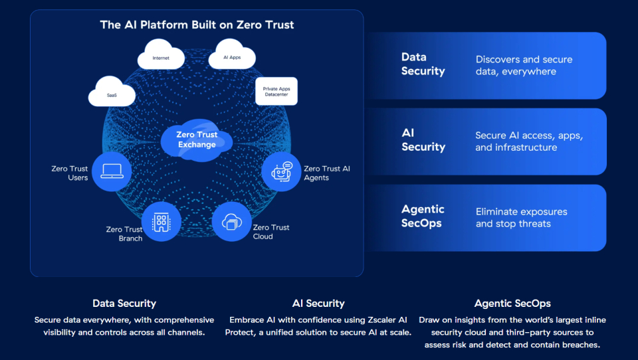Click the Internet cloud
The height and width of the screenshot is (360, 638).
161,55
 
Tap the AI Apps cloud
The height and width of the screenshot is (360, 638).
232,54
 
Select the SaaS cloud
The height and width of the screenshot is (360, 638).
112,92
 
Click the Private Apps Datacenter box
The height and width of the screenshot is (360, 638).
276,92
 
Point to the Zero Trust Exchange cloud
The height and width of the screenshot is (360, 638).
197,140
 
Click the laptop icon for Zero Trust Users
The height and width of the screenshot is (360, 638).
112,171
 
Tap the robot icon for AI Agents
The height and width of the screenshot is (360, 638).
282,171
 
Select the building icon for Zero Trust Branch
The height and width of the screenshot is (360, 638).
161,222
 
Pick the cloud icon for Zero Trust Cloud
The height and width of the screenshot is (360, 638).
231,222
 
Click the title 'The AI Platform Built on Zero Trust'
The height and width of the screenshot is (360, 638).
197,25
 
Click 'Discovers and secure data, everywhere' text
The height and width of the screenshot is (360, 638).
524,66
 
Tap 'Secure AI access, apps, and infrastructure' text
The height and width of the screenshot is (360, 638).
529,141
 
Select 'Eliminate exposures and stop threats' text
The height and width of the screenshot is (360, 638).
521,218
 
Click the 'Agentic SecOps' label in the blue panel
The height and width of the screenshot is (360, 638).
423,216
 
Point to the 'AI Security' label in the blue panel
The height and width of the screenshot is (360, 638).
423,140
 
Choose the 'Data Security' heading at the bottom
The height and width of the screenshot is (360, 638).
124,304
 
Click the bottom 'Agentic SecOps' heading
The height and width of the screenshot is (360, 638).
512,304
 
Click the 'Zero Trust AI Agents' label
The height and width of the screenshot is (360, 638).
327,173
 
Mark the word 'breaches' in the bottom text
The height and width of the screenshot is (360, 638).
581,345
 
